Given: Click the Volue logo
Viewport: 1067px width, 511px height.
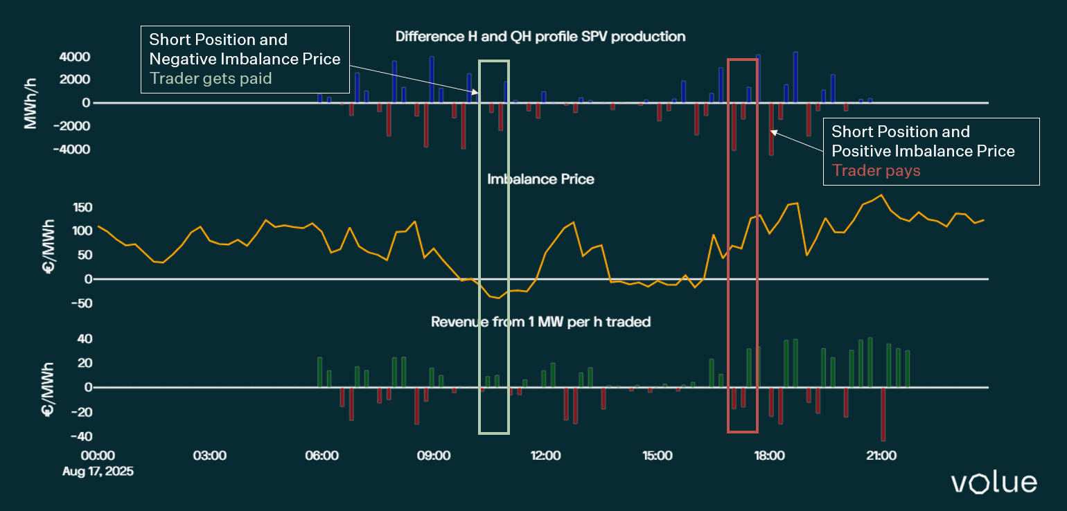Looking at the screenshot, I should pos(994,483).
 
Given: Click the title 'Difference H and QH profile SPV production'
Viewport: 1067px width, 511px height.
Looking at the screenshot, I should pos(540,37).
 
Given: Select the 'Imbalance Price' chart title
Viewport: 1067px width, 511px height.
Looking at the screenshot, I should pos(540,179).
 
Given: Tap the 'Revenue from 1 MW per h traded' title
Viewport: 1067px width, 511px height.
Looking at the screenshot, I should pos(540,322).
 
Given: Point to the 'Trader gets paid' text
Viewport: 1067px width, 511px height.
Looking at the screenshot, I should pos(211,78).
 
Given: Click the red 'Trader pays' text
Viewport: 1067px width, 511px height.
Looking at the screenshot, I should pos(876,170).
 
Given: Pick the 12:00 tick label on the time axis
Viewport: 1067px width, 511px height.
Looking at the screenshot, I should pos(545,456).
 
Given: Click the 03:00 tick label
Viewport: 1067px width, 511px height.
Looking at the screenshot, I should pos(209,456).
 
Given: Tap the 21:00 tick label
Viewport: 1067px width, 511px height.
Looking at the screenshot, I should pos(881,456).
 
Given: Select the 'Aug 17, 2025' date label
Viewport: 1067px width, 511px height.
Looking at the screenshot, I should pos(98,471).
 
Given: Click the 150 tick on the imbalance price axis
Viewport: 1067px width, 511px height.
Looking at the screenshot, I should pos(82,208).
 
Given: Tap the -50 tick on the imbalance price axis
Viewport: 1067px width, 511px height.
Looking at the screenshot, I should pos(82,303).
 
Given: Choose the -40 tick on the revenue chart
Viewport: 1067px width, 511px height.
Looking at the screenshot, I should pos(80,437).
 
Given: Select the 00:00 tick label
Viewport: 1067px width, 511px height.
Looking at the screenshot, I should pos(98,456).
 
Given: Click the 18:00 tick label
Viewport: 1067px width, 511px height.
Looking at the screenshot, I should pos(769,456).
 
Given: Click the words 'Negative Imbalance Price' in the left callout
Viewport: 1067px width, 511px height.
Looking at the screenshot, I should pos(245,59).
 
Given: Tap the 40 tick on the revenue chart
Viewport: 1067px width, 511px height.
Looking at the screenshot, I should pos(85,339).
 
